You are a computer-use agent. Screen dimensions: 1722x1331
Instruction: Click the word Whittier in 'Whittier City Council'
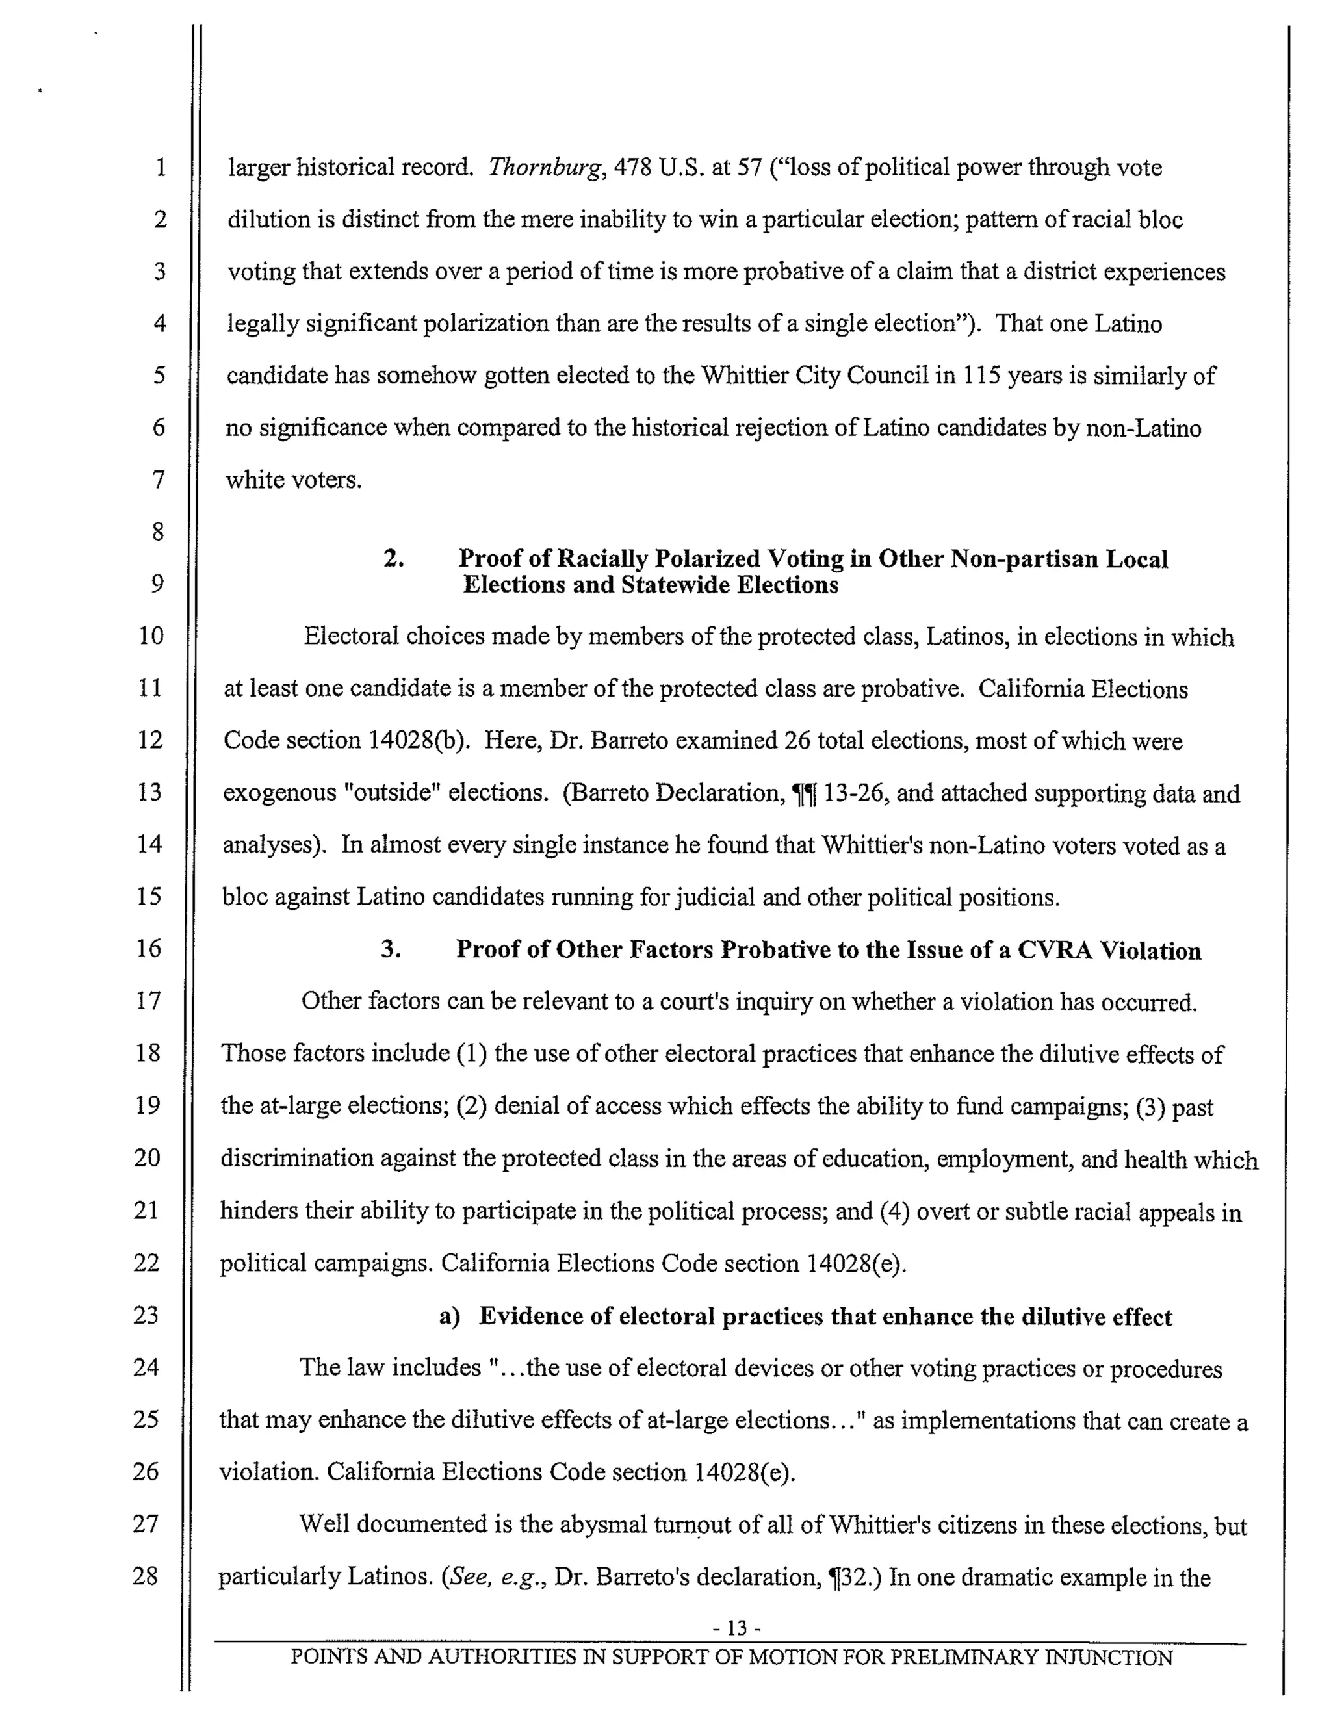(x=744, y=376)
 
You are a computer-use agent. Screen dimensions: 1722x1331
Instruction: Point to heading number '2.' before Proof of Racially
(x=393, y=559)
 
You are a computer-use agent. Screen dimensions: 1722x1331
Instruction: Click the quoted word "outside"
(x=392, y=792)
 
